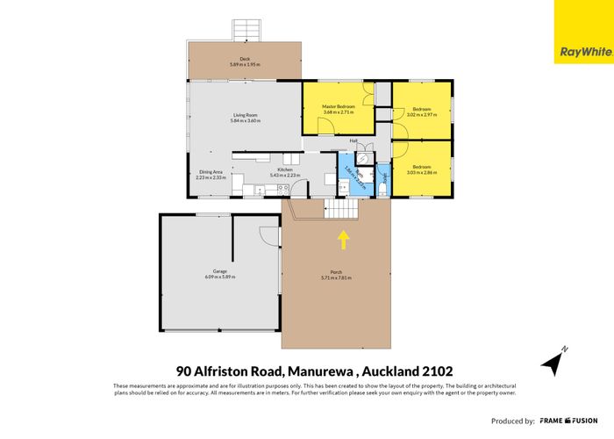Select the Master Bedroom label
coord(338,106)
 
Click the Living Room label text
coord(245,116)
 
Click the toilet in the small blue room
coord(383,187)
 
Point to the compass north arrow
coord(552,360)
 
